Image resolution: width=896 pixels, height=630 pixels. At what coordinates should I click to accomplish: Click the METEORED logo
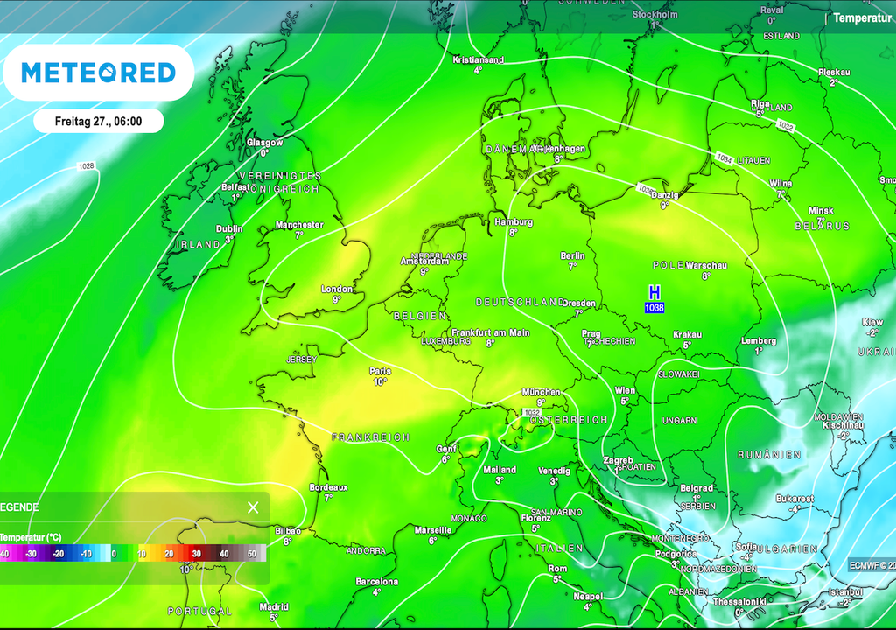tap(98, 73)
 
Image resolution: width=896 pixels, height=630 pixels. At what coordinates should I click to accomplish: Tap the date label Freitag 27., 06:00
tap(98, 121)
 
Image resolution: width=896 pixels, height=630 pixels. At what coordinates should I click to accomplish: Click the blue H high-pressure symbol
tap(654, 292)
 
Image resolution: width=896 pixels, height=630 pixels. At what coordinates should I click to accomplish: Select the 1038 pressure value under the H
tap(654, 308)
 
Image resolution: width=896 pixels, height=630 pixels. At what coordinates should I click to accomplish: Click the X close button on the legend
tap(253, 507)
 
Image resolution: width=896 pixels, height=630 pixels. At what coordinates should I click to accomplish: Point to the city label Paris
tap(380, 371)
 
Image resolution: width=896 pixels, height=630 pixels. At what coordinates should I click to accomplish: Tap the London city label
tap(337, 289)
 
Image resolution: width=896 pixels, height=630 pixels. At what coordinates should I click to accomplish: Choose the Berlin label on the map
tap(572, 255)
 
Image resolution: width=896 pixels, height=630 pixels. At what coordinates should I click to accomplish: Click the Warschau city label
tap(707, 265)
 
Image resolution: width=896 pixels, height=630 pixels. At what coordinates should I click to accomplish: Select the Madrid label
tap(274, 607)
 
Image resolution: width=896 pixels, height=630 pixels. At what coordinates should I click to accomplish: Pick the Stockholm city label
tap(654, 15)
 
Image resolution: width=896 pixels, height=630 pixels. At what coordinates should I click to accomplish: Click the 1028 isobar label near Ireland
tap(87, 166)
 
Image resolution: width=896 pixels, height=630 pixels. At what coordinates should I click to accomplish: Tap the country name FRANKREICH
tap(371, 437)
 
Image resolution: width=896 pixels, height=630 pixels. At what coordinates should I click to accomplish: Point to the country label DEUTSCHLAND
tap(521, 302)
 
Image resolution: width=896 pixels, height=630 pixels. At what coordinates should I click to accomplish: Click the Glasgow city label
tap(264, 142)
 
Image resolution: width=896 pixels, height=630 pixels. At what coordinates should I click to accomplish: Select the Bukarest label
tap(794, 499)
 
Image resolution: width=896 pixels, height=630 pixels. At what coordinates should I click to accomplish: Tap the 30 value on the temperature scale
tap(197, 554)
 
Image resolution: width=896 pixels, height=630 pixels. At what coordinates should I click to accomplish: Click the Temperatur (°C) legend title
tap(31, 537)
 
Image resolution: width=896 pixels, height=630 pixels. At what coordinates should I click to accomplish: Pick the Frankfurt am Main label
tap(491, 332)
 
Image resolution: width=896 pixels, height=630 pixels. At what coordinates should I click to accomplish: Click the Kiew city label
tap(872, 322)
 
